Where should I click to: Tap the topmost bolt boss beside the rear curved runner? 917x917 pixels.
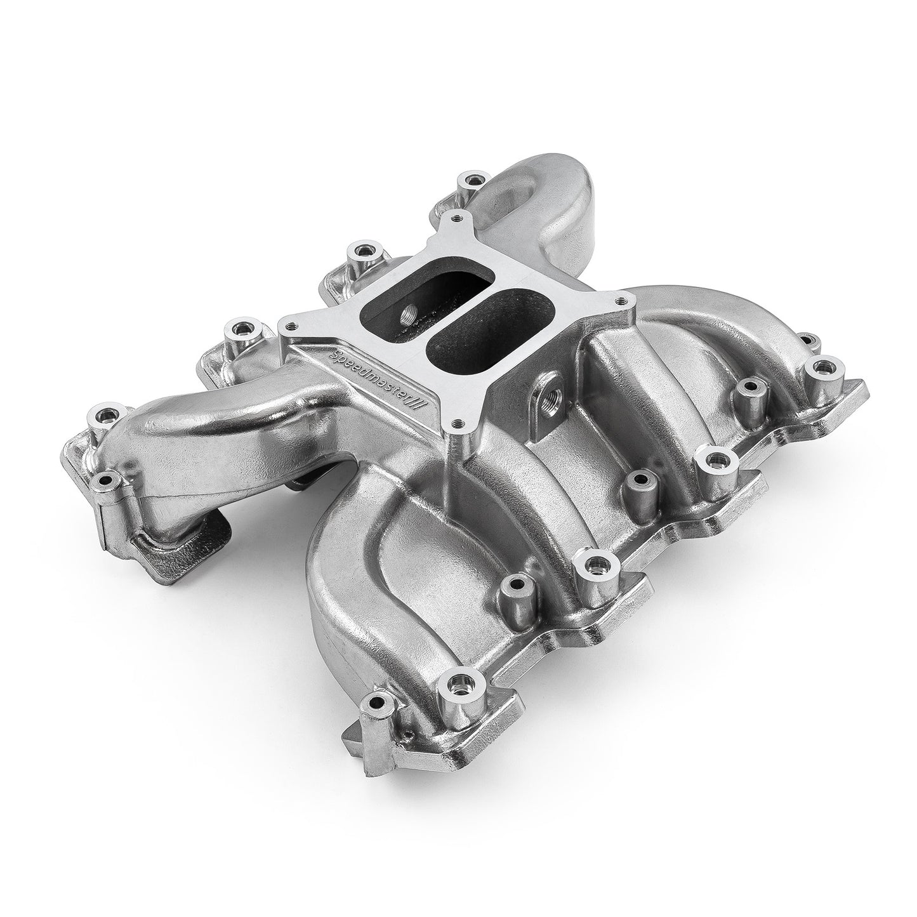[x=470, y=180]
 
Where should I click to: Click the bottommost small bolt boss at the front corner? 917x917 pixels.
[x=379, y=701]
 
